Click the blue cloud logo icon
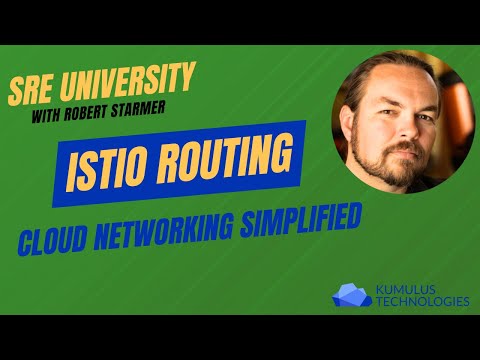click(x=350, y=295)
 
